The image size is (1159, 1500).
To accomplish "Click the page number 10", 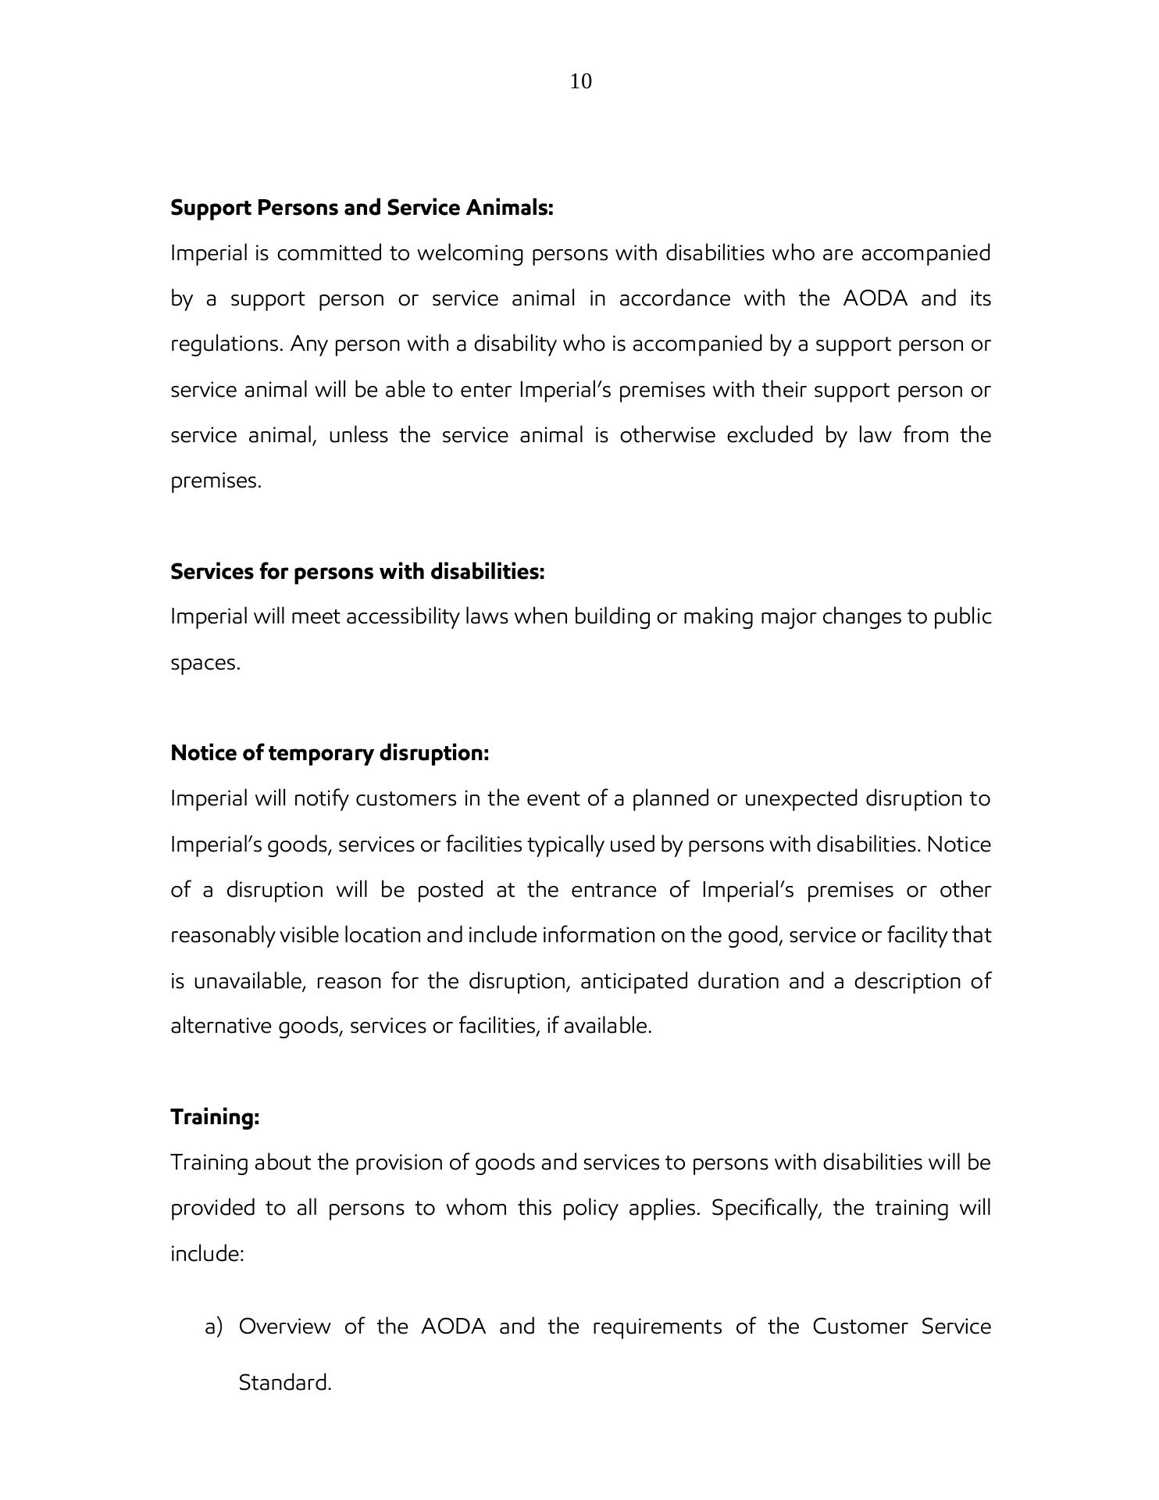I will point(580,81).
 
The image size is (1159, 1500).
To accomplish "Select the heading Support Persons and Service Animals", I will point(362,208).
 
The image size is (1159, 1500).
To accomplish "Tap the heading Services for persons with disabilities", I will point(357,572).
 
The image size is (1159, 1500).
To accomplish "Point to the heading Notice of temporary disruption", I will point(330,753).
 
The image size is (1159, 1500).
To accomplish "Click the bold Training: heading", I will point(215,1117).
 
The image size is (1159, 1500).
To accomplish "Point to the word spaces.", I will point(205,663).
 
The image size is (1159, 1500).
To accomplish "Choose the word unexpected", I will point(801,799).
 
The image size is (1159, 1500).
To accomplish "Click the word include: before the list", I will point(208,1254).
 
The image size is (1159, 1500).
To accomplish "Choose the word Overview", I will point(284,1327).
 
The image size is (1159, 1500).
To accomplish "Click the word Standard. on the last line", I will point(285,1383).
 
